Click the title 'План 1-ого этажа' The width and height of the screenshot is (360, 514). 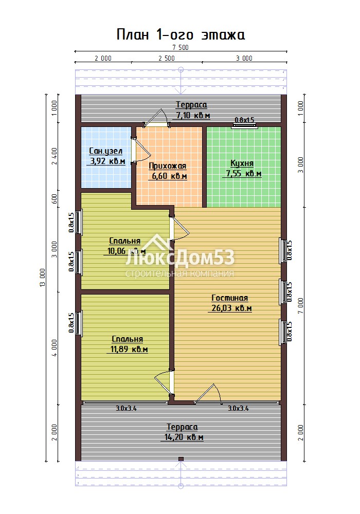tap(181, 35)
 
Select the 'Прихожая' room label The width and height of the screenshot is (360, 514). tap(168, 166)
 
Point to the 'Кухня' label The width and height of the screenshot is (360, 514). tap(242, 163)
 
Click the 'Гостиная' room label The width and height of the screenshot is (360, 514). tap(229, 298)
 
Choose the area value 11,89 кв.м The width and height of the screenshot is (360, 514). tap(129, 350)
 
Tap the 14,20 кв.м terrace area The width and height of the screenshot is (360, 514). tap(184, 437)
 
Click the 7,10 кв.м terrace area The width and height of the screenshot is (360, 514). tap(193, 115)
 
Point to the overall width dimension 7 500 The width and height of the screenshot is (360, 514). tap(181, 47)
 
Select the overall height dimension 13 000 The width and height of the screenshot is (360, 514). tap(43, 278)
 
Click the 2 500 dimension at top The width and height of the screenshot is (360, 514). tap(167, 59)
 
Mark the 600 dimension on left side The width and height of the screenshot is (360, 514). tap(55, 198)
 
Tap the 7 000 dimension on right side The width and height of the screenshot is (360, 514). tap(300, 306)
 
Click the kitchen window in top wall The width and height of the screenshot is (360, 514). tap(244, 124)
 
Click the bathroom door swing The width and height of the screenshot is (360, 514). tap(141, 149)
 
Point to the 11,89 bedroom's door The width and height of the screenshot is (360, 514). tap(164, 383)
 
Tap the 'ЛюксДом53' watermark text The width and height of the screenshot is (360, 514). tap(180, 258)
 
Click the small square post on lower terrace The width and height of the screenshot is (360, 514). tap(181, 459)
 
